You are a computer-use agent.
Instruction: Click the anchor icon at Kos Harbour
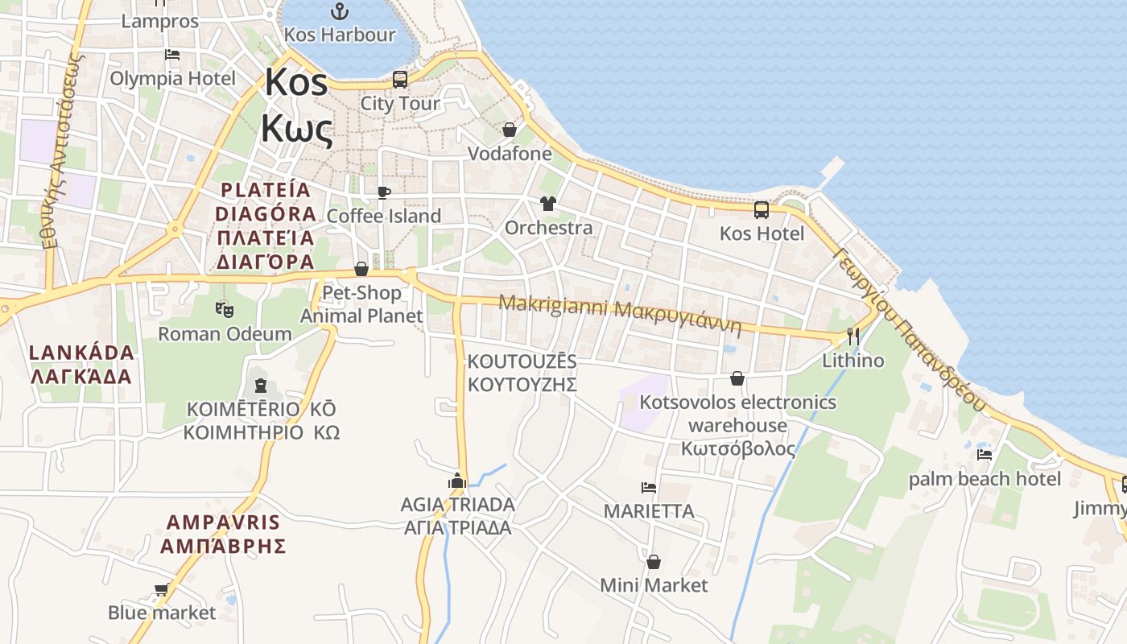coord(340,11)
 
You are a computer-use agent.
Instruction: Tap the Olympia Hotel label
coord(172,78)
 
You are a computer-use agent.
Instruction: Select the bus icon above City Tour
coord(400,80)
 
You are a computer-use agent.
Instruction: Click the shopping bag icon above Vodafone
coord(510,130)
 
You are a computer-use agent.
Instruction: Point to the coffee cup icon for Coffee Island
coord(384,193)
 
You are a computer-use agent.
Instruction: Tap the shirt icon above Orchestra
coord(548,204)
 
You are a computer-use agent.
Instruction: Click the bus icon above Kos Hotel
coord(762,210)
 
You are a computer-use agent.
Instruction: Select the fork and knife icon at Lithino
coord(853,336)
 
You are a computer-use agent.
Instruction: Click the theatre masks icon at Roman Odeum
coord(225,309)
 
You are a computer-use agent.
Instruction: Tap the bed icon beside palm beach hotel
coord(984,455)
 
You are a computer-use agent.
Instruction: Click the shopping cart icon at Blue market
coord(161,590)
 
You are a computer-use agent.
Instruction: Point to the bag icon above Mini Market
coord(654,562)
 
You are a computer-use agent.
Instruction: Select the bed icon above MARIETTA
coord(649,488)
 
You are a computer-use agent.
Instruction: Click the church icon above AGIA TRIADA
coord(457,481)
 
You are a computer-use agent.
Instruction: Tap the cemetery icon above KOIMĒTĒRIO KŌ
coord(260,386)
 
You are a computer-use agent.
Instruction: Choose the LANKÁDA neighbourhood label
coord(81,353)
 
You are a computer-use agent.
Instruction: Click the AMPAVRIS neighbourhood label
coord(223,522)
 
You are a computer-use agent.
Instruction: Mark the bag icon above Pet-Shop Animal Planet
coord(361,269)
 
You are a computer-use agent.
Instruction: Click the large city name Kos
coord(296,82)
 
